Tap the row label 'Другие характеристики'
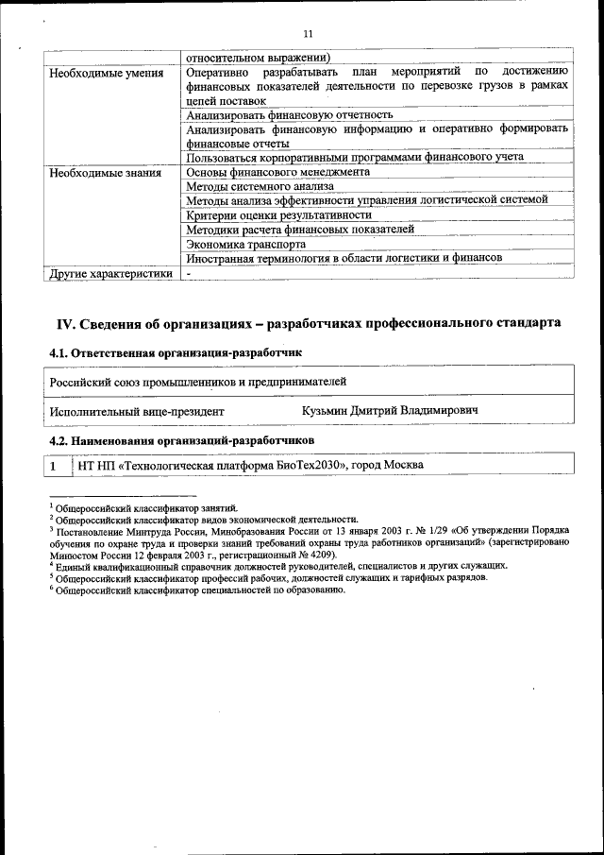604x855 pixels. point(110,274)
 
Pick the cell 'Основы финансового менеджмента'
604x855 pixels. point(278,173)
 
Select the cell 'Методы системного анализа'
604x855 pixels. point(260,187)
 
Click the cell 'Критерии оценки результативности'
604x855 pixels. point(279,215)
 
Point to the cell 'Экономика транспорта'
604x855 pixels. point(245,244)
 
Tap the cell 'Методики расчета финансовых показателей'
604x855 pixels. point(300,230)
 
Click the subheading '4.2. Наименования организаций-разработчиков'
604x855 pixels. point(181,441)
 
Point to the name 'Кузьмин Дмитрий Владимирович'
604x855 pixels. point(390,411)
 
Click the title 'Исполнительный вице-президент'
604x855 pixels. point(137,412)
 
